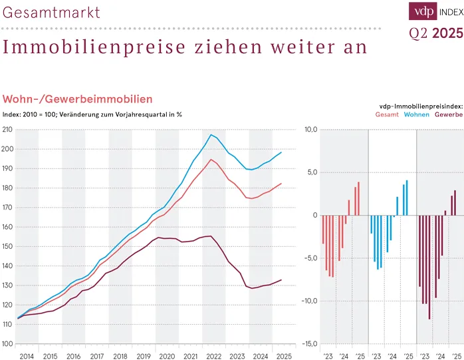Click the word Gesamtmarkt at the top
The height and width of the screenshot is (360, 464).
click(52, 13)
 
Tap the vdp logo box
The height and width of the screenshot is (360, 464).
click(421, 11)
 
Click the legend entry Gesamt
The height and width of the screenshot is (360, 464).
click(387, 114)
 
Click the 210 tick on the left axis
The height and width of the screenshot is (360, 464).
click(7, 129)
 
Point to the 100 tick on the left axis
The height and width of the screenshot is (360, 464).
click(7, 344)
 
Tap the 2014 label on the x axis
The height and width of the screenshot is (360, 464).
click(27, 357)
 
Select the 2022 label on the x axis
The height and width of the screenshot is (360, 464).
click(213, 357)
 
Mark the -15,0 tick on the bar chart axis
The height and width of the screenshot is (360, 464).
click(310, 344)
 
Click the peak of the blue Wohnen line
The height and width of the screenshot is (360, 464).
click(211, 135)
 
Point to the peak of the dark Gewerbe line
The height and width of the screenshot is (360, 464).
click(210, 236)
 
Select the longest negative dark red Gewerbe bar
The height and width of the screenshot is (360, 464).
click(429, 267)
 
